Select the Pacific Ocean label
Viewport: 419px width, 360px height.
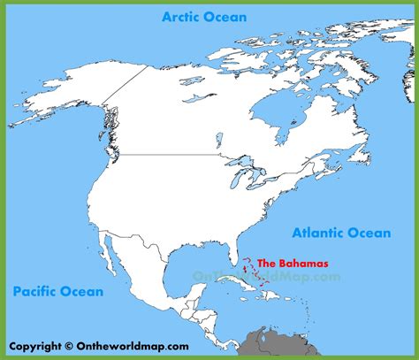pyautogui.click(x=58, y=290)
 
